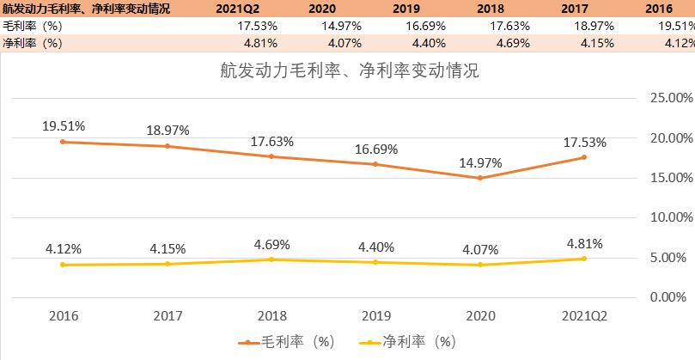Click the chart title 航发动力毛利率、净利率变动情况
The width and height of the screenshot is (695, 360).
point(348,70)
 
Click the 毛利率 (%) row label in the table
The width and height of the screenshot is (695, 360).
point(33,27)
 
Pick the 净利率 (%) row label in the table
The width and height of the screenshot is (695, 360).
point(33,43)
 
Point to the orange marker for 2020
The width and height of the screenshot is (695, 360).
point(479,178)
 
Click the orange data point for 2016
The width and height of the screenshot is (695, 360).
point(63,142)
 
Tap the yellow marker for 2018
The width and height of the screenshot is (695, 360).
point(271,259)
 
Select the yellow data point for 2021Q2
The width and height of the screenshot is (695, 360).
point(584,259)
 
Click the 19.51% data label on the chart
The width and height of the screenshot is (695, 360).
point(63,125)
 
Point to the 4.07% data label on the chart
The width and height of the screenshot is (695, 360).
point(479,249)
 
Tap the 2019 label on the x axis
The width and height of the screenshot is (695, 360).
point(375,315)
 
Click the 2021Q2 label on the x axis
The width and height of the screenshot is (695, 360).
point(584,315)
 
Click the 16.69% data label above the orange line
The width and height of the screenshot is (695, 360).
point(375,149)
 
